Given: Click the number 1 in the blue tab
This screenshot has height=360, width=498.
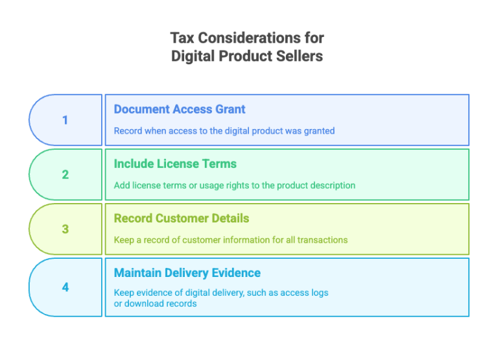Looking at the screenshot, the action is click(x=65, y=120).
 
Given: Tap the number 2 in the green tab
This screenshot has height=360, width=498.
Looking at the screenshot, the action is click(x=65, y=174).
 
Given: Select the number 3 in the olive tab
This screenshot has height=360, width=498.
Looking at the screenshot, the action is click(x=65, y=229).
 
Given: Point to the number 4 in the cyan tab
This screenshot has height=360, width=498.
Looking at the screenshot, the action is click(x=65, y=287).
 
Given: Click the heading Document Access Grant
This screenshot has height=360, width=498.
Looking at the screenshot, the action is click(x=180, y=110).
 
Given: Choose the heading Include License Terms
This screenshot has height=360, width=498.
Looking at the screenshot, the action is click(x=175, y=164).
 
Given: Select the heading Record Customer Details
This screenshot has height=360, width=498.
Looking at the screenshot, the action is click(x=182, y=219).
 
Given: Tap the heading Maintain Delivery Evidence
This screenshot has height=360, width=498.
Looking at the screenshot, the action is click(x=187, y=273).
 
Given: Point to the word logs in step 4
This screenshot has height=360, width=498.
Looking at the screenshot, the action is click(x=320, y=293).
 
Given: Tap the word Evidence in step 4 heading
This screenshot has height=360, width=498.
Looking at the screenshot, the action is click(x=236, y=273).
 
